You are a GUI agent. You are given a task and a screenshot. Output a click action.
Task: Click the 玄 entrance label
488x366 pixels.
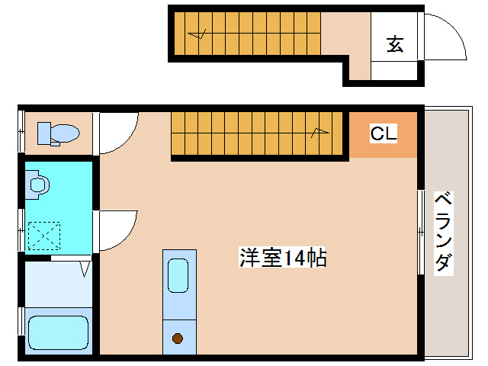[395, 44]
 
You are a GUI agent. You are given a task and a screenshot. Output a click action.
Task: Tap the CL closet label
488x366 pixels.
[384, 134]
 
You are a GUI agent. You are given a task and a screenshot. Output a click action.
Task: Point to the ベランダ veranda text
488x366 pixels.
[443, 232]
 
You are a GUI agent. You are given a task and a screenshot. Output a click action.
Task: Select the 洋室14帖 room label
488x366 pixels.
[283, 258]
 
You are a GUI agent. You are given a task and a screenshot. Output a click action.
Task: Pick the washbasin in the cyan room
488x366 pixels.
[37, 184]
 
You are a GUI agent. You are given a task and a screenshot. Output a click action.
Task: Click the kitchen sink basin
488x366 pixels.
[178, 275]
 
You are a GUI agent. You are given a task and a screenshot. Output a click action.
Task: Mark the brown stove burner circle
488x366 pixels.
[178, 338]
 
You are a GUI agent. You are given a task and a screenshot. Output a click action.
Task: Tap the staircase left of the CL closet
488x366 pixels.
[259, 133]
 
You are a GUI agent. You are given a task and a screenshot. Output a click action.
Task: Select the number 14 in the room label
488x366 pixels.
[294, 258]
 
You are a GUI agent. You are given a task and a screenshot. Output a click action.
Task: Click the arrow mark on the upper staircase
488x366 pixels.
[199, 34]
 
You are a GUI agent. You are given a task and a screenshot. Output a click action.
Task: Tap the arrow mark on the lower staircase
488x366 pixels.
[319, 133]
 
